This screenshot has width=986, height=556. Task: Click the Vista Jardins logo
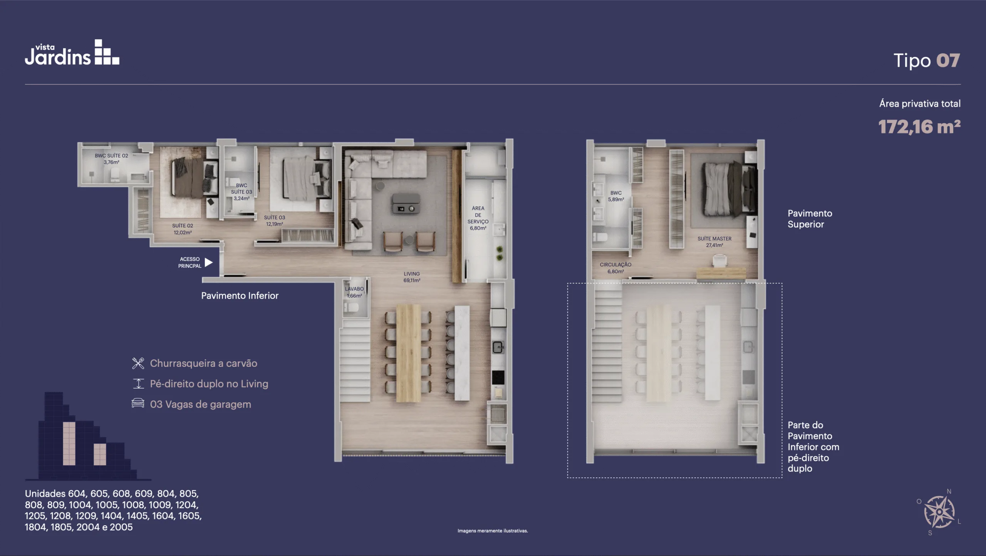pos(72,52)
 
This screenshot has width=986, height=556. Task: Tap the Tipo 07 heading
pos(926,60)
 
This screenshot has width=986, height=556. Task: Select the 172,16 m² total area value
pos(919,127)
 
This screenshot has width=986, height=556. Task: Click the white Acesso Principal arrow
pos(208,262)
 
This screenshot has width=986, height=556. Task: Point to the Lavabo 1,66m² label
pos(354,292)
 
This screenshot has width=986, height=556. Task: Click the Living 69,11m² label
pos(412,277)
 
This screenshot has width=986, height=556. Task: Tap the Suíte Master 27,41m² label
pos(714,242)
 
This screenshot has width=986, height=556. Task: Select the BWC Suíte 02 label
pos(111,159)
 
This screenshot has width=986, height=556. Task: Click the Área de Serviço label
pos(478,218)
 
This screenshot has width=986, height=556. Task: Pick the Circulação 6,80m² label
pos(615,268)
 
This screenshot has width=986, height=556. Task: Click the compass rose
pos(939,512)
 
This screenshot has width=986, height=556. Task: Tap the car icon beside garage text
pos(138,403)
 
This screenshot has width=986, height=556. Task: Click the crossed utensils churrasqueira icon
pos(138,363)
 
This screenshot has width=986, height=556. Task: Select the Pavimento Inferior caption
pos(240,296)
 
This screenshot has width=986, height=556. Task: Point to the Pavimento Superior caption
pos(810,218)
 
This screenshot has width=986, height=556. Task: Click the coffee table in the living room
pos(406,203)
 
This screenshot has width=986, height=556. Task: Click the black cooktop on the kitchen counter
pos(498,377)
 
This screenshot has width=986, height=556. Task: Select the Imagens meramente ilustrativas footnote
pos(493,531)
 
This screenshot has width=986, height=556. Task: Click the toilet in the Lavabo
pos(351,307)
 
